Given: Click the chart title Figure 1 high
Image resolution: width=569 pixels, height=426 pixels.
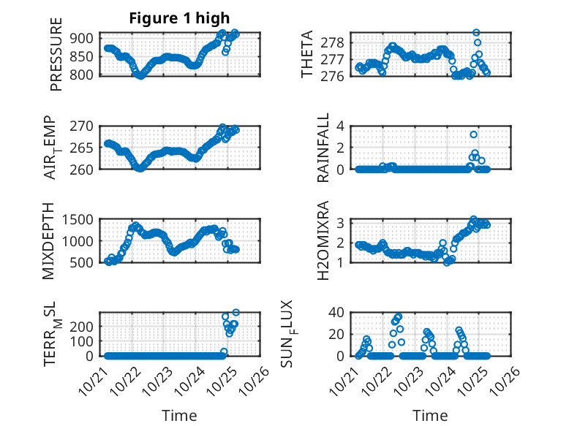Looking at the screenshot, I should (x=179, y=19).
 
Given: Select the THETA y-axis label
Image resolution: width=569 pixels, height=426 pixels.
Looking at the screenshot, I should (x=307, y=55).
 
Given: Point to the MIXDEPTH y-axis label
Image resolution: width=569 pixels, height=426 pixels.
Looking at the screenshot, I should (x=49, y=241).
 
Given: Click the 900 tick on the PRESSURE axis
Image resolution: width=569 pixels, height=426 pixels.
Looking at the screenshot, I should (x=82, y=38).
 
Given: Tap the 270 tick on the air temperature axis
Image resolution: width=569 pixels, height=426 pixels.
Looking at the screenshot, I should (x=82, y=126).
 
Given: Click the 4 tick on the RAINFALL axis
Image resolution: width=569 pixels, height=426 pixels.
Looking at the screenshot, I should (x=340, y=126).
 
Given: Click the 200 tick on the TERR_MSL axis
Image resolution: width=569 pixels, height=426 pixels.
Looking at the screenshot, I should (x=82, y=325).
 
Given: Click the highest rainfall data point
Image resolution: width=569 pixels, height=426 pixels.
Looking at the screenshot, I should (x=474, y=134).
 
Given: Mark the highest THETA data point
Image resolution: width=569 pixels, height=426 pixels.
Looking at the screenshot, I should (x=476, y=33).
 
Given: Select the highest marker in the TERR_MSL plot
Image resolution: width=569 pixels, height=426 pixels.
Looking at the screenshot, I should (x=235, y=313).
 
